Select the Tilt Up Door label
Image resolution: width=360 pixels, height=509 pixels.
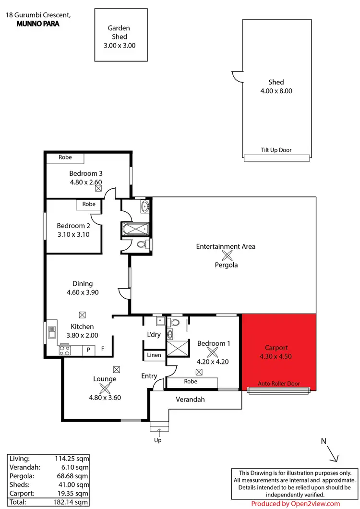click(276, 150)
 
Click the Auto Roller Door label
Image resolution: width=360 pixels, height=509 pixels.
click(279, 384)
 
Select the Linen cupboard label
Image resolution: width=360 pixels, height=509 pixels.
click(155, 355)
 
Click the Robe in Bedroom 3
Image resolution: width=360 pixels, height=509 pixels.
click(65, 158)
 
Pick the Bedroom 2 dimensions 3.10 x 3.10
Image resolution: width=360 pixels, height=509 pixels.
click(73, 234)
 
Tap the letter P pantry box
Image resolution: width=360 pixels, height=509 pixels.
click(88, 351)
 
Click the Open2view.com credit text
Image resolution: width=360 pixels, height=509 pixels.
click(295, 504)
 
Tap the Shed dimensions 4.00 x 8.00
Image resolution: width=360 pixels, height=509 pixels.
click(276, 91)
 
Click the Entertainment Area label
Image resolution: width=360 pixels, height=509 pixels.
click(226, 246)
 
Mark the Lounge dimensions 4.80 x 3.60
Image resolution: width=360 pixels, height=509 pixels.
click(105, 397)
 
